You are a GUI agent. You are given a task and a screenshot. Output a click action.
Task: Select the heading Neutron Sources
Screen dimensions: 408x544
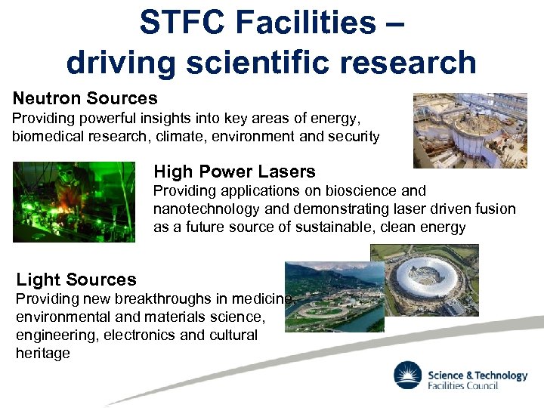[x=85, y=98]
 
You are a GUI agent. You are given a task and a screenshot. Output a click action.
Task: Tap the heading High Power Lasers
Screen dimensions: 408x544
[x=234, y=172]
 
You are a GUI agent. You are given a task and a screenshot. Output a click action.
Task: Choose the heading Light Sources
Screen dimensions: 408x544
[x=76, y=280]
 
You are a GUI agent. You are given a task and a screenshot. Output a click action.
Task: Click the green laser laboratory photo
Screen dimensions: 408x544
[x=74, y=202]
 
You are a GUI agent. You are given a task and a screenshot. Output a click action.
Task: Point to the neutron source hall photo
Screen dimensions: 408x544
[x=469, y=130]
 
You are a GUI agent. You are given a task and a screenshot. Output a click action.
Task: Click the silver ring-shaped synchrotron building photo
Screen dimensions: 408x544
[x=431, y=280]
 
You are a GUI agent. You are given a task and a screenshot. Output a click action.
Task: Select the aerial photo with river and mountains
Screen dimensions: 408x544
[x=332, y=296]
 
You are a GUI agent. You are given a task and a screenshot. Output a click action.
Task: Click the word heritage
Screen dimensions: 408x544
[x=42, y=353]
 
